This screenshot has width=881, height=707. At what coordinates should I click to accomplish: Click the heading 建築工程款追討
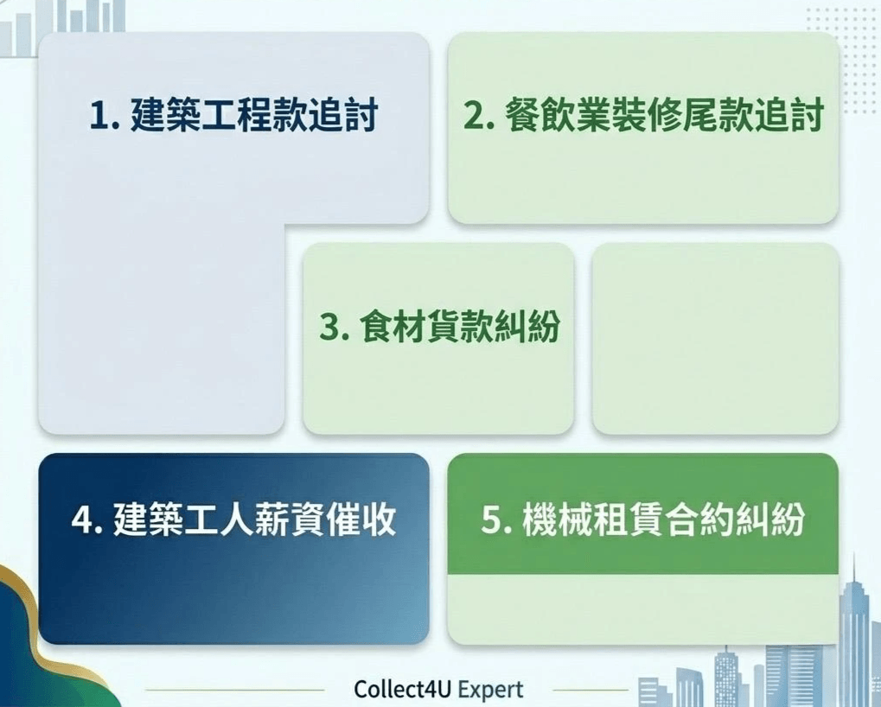[254, 115]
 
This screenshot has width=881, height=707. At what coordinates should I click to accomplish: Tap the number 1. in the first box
[105, 115]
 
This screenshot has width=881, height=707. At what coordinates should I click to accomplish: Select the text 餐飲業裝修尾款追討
[665, 115]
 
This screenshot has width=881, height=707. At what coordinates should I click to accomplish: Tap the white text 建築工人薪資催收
[254, 519]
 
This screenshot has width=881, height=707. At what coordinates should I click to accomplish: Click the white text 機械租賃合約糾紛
[663, 519]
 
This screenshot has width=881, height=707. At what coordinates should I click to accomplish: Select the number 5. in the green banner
[496, 520]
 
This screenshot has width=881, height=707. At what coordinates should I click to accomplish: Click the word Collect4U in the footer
[404, 689]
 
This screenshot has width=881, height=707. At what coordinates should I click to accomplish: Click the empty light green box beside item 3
[715, 339]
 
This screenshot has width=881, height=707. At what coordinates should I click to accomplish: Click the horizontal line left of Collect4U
[235, 690]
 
